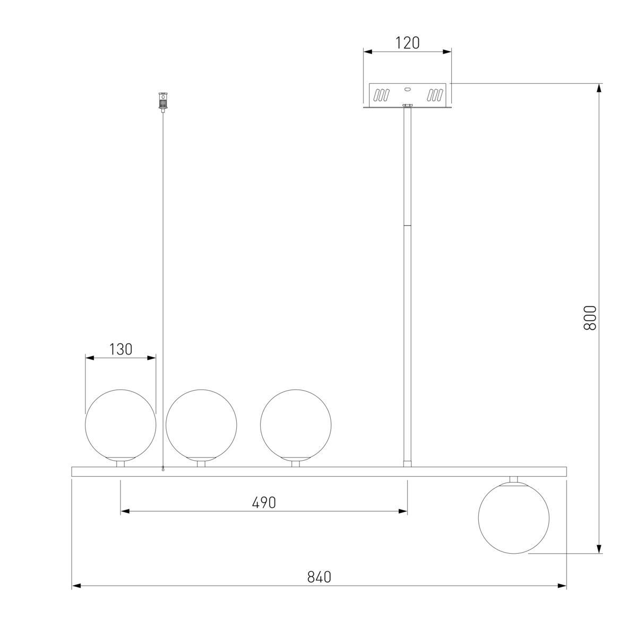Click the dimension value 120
click(407, 43)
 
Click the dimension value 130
click(120, 349)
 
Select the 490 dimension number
click(264, 503)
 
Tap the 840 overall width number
click(319, 577)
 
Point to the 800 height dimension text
click(590, 317)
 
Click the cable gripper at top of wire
click(162, 102)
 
